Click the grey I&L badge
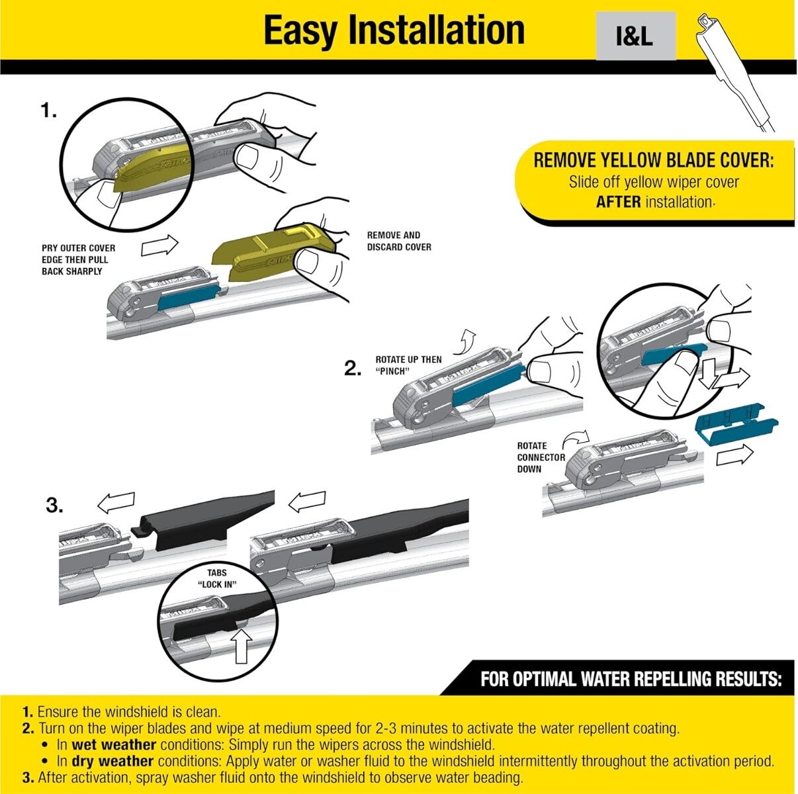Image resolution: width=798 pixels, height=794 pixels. click(x=635, y=38)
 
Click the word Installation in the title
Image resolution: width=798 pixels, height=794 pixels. click(x=436, y=30)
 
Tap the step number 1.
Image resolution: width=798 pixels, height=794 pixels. click(x=48, y=111)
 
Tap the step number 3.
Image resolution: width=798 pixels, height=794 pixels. click(x=55, y=507)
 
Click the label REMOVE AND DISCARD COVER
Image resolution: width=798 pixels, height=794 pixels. click(x=398, y=241)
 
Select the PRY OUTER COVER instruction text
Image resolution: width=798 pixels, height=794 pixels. click(x=77, y=259)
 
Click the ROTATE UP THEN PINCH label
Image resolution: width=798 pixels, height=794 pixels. click(x=408, y=365)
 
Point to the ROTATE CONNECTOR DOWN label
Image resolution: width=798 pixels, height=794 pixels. click(x=540, y=457)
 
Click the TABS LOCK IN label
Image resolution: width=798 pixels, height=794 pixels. click(x=216, y=578)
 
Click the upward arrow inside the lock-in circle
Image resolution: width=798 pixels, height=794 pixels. click(x=243, y=646)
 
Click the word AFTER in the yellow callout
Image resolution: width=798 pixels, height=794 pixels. click(x=617, y=202)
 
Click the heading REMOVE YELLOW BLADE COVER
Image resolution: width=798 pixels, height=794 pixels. click(x=653, y=161)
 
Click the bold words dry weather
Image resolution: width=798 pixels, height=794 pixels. click(x=112, y=762)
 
